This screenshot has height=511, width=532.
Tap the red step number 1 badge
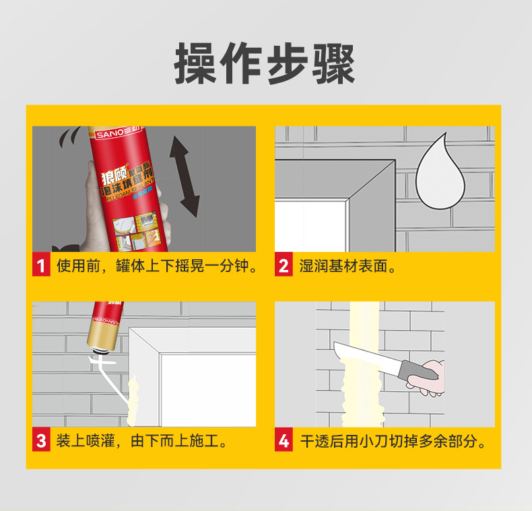point(40,266)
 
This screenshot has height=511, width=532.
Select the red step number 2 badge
point(284,266)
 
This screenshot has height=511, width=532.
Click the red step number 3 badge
point(40,442)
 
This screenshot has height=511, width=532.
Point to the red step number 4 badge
point(284,442)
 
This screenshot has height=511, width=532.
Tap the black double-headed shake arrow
point(184,175)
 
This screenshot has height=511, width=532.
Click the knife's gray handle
point(419,372)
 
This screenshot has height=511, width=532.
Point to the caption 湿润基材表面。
point(347,266)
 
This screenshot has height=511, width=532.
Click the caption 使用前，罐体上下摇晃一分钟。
point(158,266)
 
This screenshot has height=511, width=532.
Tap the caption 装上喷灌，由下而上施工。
point(141,442)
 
